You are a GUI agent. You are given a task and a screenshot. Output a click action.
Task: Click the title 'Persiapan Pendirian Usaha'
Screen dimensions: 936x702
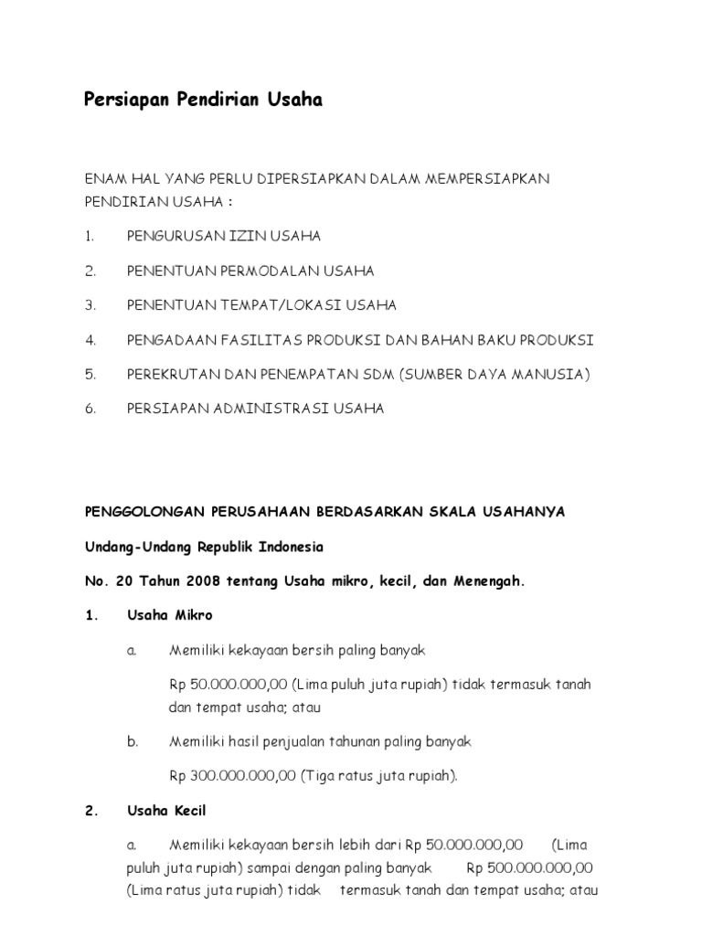pos(203,100)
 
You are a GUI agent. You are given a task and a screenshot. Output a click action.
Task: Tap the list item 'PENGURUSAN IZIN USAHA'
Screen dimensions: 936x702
pos(223,236)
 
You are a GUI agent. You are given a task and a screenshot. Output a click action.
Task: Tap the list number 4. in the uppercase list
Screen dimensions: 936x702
pos(90,340)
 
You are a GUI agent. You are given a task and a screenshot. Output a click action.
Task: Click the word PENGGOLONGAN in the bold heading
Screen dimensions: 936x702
pos(140,512)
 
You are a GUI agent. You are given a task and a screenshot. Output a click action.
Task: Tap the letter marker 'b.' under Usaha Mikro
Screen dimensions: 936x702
pos(133,742)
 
